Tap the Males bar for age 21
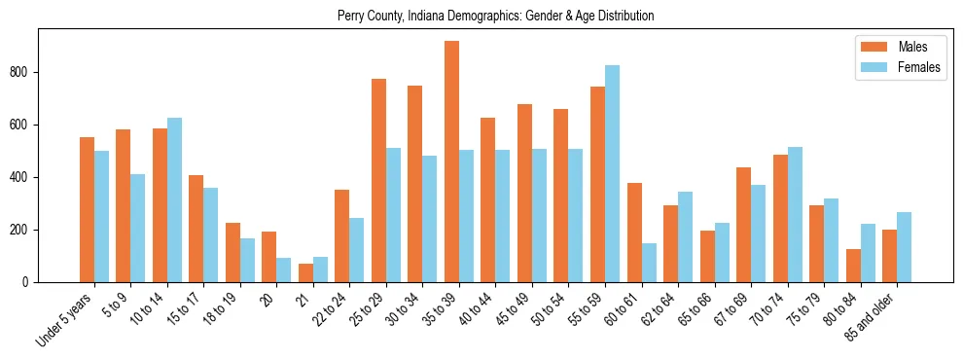[305, 272]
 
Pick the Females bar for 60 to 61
[649, 263]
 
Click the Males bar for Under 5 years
[87, 209]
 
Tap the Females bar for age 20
[284, 270]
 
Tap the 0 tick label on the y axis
[32, 282]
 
